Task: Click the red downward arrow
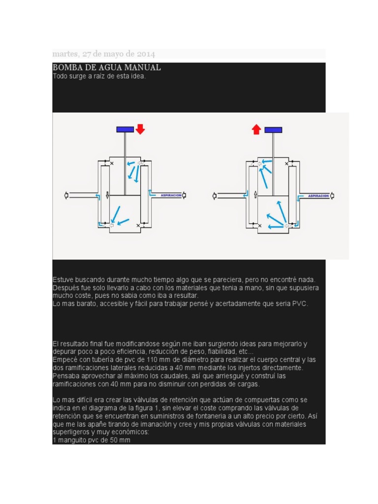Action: (140, 129)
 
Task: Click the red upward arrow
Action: (256, 129)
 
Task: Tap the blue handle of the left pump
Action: (125, 129)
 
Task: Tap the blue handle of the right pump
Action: (273, 130)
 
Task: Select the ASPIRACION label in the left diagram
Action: (170, 195)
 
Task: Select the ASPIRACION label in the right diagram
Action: (318, 195)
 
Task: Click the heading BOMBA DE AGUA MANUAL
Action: (107, 67)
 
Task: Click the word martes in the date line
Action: (64, 54)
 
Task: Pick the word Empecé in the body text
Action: (65, 360)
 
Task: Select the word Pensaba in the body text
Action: (66, 376)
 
